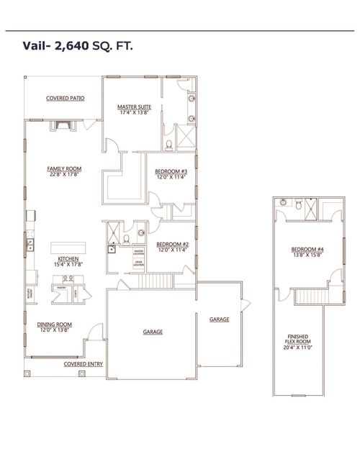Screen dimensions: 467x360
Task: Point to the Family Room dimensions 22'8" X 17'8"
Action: pyautogui.click(x=65, y=174)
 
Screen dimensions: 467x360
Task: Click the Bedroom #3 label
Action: pyautogui.click(x=171, y=171)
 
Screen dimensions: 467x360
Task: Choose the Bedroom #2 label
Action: pyautogui.click(x=172, y=245)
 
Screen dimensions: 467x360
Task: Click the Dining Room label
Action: pyautogui.click(x=54, y=325)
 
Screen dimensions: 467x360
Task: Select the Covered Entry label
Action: pyautogui.click(x=83, y=364)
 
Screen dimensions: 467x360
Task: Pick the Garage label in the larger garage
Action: pyautogui.click(x=152, y=332)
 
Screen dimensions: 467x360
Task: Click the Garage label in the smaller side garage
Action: pyautogui.click(x=219, y=318)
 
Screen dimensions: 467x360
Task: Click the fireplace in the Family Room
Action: pyautogui.click(x=60, y=125)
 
